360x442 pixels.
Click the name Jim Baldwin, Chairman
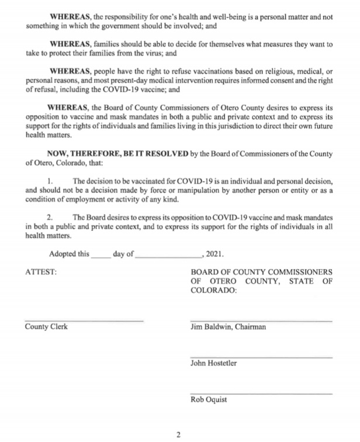click(x=228, y=327)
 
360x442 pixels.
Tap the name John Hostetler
click(x=214, y=363)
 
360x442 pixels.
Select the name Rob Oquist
click(x=209, y=399)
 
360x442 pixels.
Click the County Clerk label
click(x=46, y=326)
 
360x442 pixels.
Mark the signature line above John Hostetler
click(x=261, y=357)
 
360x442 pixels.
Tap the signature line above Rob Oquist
click(x=261, y=393)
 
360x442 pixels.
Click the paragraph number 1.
click(x=50, y=181)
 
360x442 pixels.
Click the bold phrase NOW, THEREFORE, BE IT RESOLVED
click(x=117, y=154)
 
